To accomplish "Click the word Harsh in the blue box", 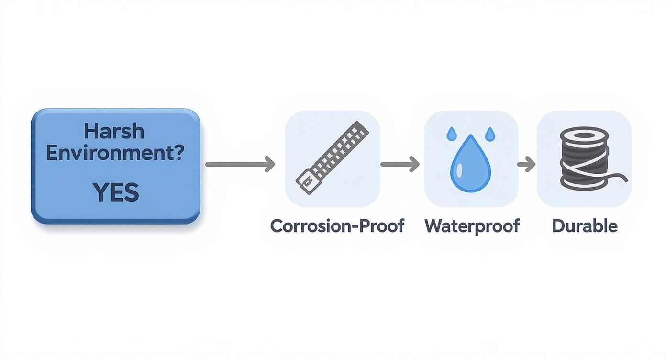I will (114, 130).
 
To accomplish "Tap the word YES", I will (116, 192).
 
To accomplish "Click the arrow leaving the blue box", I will (240, 164).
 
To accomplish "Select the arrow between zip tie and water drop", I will (400, 164).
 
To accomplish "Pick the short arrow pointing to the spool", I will (526, 164).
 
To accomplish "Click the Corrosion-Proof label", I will (337, 225).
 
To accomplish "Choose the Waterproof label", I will (472, 225).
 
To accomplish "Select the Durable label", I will (585, 225).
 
